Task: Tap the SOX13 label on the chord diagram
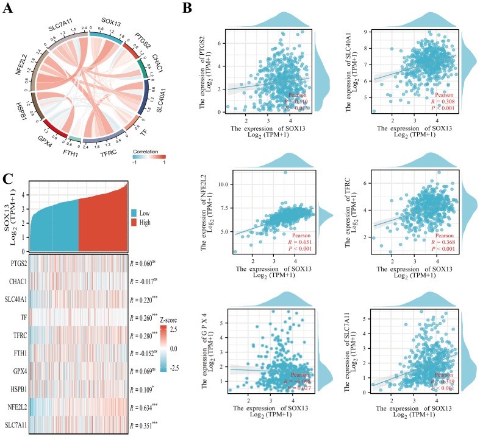110,20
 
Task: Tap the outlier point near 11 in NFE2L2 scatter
284,172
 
